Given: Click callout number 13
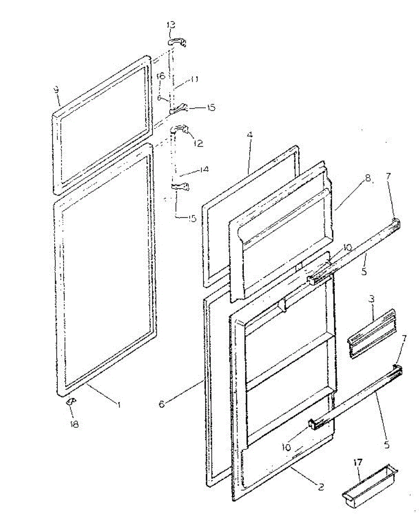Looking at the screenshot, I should click(171, 25).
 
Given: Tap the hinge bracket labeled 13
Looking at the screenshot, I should click(177, 42).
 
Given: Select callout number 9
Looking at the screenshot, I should click(56, 91).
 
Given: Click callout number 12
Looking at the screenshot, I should click(198, 143).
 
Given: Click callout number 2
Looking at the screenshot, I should click(321, 487).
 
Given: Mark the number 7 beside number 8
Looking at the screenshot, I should click(388, 177).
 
